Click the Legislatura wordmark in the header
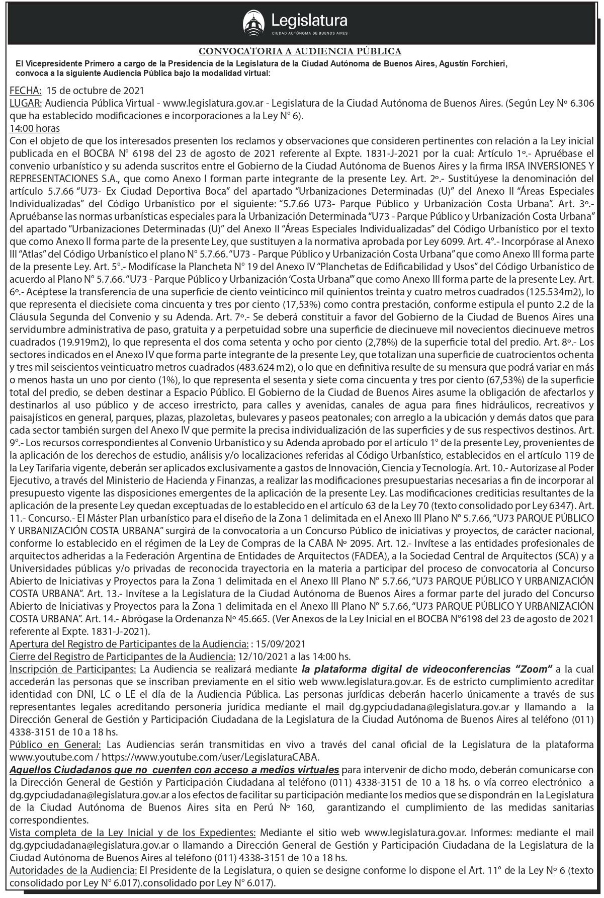click(x=309, y=20)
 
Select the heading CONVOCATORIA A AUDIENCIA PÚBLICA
click(x=300, y=51)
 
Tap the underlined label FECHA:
click(x=26, y=91)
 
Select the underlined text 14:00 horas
click(x=35, y=128)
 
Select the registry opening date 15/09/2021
click(x=281, y=644)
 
